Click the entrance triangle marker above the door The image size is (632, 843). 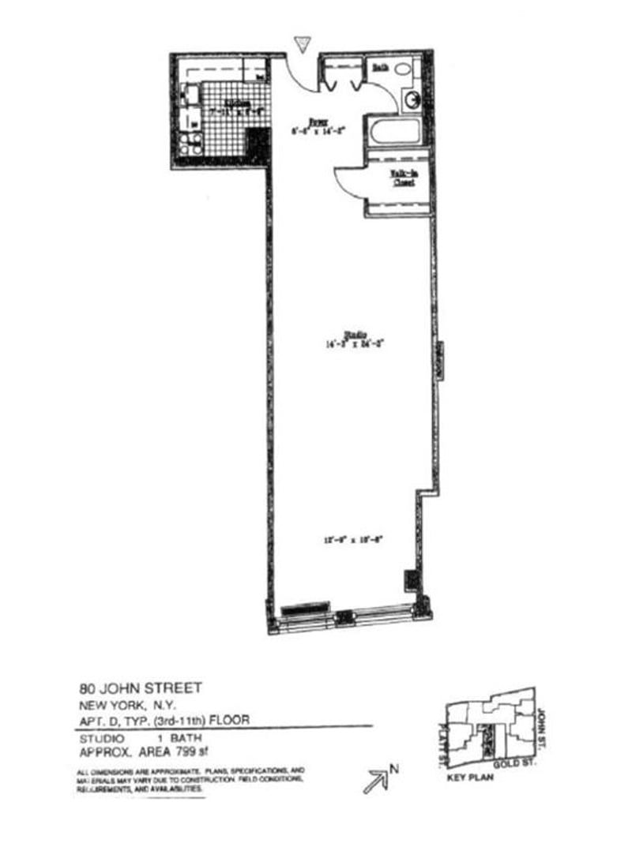301,43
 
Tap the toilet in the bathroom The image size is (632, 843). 403,70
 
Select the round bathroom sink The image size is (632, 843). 412,100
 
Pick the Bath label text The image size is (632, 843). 380,69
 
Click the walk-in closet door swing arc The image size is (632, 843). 346,180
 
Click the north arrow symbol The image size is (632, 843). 375,782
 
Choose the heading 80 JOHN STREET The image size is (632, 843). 141,688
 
